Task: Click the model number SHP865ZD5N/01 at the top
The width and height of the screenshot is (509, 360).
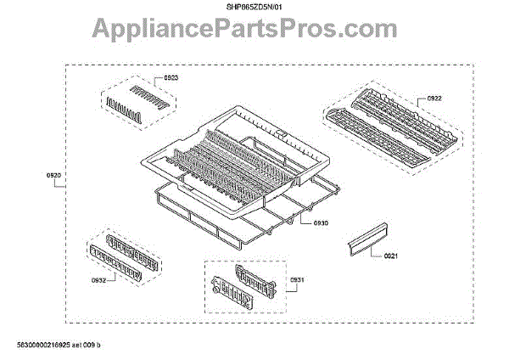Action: click(x=255, y=8)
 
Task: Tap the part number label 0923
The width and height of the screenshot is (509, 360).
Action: click(x=171, y=78)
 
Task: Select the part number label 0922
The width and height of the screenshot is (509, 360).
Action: click(x=433, y=98)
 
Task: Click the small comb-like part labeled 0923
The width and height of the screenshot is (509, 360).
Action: click(x=136, y=99)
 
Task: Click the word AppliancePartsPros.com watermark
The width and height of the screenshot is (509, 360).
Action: click(x=255, y=32)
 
